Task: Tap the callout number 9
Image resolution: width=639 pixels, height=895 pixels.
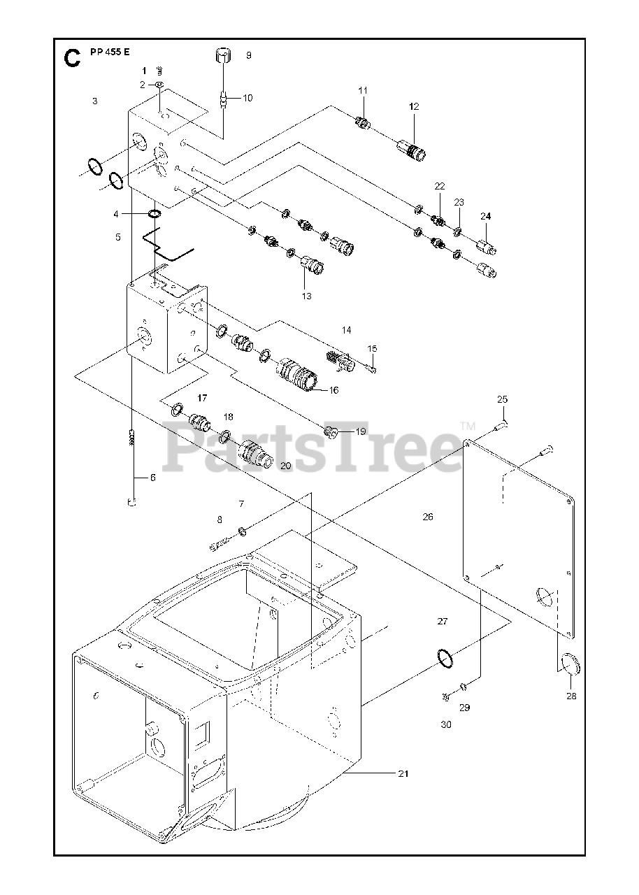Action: (248, 55)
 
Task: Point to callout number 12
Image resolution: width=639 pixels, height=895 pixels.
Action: (414, 106)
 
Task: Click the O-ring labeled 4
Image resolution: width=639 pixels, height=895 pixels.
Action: (155, 213)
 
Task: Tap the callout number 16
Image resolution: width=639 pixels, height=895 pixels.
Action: (333, 389)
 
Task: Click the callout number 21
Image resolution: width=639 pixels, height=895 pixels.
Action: (403, 773)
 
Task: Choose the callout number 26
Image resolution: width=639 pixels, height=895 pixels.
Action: (428, 517)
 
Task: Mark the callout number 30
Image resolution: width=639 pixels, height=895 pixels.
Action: (446, 724)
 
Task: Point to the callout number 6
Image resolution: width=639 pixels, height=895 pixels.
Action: (152, 478)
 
